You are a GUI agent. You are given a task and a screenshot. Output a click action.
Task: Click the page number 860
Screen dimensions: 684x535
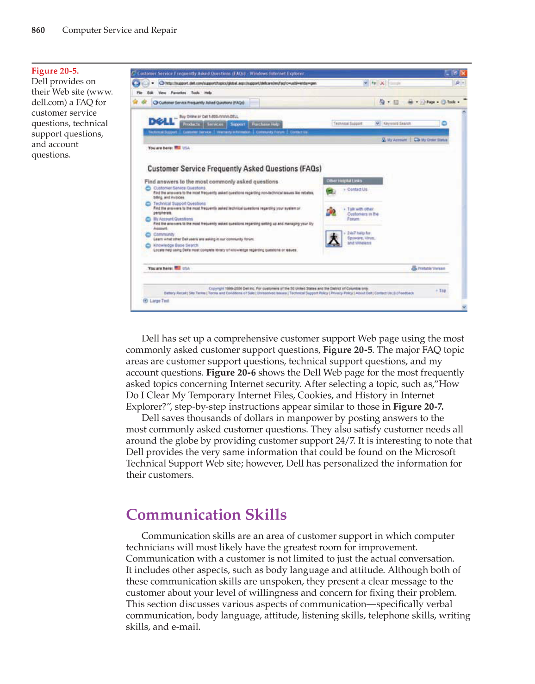[38, 31]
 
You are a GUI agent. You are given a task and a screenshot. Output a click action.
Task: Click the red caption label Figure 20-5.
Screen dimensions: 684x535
[55, 71]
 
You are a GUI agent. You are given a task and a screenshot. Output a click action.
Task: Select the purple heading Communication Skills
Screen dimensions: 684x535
[206, 515]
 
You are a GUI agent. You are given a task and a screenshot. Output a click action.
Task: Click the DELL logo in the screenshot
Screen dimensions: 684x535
[162, 121]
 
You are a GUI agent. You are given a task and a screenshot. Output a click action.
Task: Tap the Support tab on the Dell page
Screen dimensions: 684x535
[237, 124]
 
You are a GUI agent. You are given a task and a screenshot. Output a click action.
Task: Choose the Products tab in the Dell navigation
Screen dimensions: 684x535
[191, 124]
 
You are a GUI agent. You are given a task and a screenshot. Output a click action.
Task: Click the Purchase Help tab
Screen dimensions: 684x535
[265, 124]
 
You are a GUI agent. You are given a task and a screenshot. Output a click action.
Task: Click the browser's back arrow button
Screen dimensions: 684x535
[136, 83]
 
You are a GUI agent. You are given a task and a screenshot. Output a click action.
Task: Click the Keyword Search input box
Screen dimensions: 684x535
[410, 123]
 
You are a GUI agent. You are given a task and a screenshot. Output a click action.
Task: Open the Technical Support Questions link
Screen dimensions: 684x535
[180, 203]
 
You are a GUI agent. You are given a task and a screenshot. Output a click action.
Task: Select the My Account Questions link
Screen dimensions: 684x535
[173, 219]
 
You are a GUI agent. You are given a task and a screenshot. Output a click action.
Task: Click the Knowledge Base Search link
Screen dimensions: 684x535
[175, 245]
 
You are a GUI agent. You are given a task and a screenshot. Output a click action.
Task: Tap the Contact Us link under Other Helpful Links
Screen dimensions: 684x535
[357, 190]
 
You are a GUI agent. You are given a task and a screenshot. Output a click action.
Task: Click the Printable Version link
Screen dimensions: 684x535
[431, 268]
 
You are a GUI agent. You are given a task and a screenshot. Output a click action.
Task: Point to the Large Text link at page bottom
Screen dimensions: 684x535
[159, 301]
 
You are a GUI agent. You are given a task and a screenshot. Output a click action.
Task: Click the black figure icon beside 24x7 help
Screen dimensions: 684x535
[333, 239]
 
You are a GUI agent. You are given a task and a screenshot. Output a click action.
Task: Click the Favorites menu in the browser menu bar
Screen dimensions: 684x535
[178, 93]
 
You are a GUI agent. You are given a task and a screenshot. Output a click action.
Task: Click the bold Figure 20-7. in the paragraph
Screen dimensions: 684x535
[418, 407]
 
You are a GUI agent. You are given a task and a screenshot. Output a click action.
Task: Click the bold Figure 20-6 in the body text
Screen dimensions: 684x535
[231, 373]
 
